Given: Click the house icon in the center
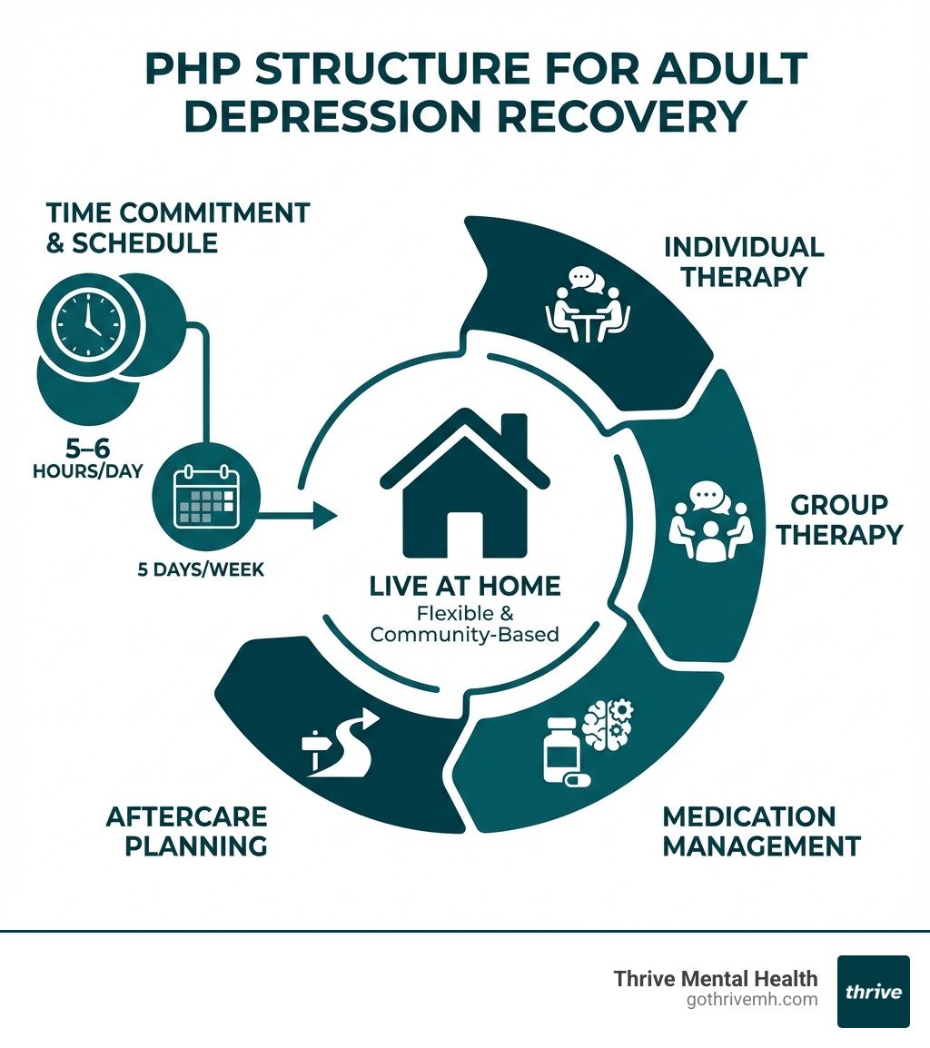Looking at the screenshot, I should click(465, 490).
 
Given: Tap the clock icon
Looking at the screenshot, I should click(89, 324).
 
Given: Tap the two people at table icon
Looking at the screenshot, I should click(588, 306).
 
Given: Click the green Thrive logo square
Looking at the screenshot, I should click(873, 991).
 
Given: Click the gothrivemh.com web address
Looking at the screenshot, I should click(753, 1000).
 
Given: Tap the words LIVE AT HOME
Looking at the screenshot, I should click(465, 587).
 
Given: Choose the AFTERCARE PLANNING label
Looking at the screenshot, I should click(186, 830).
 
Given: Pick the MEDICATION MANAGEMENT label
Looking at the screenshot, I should click(761, 830).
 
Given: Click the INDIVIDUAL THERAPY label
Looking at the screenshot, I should click(744, 262).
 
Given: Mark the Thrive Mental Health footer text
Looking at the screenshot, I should click(716, 978).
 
